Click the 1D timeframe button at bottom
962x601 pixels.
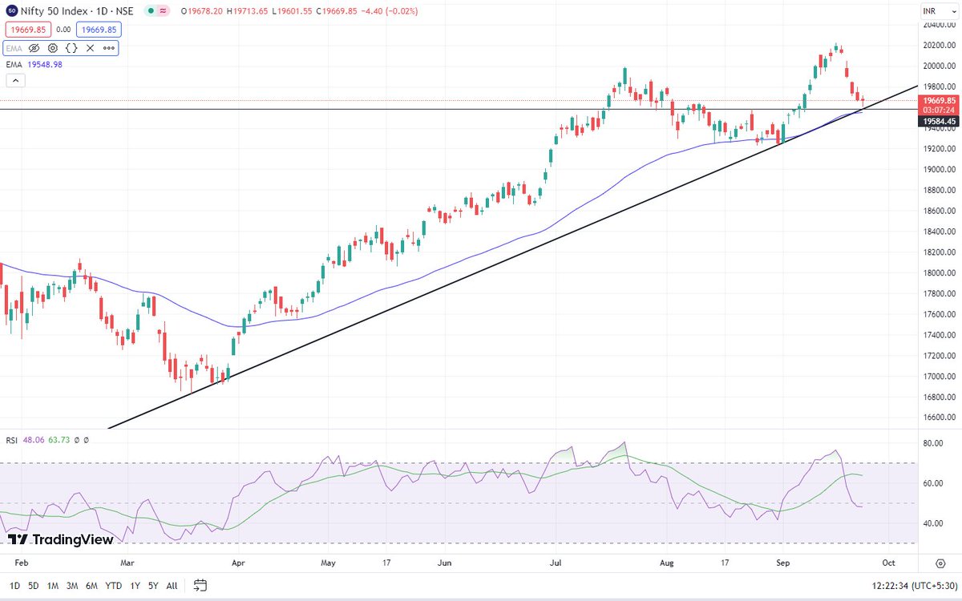click(x=14, y=586)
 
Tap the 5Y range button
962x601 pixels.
click(x=152, y=586)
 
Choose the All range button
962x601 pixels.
click(x=172, y=586)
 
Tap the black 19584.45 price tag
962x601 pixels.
click(x=939, y=121)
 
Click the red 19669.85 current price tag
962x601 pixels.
click(x=939, y=100)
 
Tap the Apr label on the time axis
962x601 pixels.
click(x=238, y=563)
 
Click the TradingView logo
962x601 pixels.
click(x=61, y=539)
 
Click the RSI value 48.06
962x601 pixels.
click(x=34, y=440)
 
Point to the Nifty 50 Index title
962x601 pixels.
click(x=55, y=11)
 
